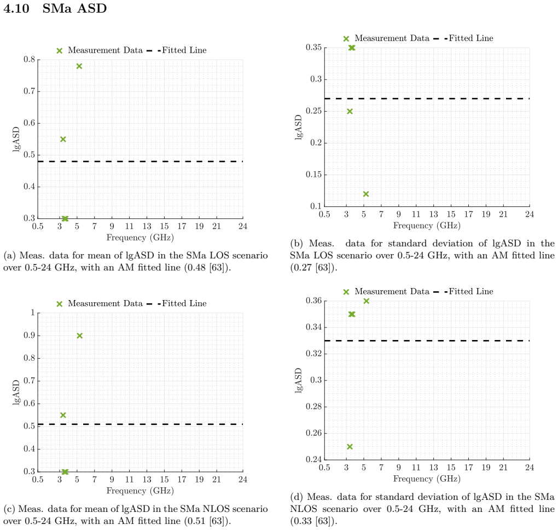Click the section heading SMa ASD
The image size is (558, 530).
pos(74,8)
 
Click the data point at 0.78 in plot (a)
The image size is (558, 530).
pos(79,66)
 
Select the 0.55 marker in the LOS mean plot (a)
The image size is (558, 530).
pos(63,139)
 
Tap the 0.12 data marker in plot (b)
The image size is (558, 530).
pos(366,194)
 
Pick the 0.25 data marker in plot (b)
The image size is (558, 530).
pos(350,112)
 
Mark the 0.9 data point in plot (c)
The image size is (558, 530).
pos(80,336)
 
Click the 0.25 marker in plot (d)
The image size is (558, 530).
pos(350,447)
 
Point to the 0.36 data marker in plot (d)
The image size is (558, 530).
pos(366,301)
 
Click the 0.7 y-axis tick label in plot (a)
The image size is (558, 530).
pos(29,91)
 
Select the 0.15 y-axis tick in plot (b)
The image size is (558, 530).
pos(313,175)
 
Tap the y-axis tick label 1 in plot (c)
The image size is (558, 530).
pos(33,313)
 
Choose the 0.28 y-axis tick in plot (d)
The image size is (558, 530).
pos(313,406)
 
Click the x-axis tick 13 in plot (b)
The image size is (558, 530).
pos(433,215)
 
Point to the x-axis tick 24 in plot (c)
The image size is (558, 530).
pos(243,480)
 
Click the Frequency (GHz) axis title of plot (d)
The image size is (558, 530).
pos(427,479)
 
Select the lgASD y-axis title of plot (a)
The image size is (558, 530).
pos(16,139)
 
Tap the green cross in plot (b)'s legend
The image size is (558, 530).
pos(346,39)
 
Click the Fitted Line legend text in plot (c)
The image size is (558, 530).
pos(184,303)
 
